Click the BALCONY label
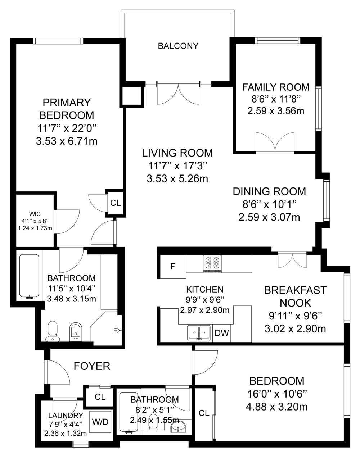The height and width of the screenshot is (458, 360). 178,46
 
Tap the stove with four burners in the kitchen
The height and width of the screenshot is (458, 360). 212,264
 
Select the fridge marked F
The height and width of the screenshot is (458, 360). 173,267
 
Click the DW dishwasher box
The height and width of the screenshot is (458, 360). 222,333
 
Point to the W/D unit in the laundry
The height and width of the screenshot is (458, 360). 100,422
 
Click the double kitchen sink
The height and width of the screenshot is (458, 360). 199,333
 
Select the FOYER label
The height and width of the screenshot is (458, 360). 92,366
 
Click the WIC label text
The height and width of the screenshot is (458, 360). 35,214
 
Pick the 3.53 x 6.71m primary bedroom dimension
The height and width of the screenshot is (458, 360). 67,141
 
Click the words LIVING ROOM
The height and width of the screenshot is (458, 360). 177,153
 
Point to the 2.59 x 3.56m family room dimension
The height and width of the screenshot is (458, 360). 276,111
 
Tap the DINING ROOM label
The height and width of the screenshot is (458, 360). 269,191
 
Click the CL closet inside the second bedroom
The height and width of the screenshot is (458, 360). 204,413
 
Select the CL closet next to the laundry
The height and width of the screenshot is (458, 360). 100,397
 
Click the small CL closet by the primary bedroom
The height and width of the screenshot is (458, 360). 116,203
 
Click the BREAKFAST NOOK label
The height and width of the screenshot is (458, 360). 295,296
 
